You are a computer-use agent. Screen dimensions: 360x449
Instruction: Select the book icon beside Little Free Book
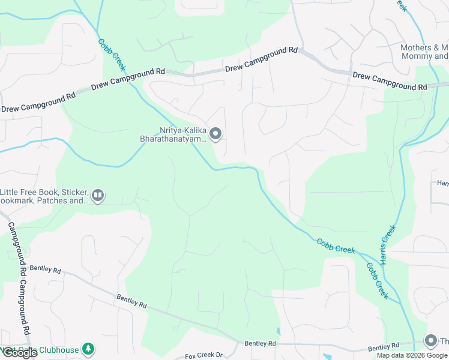[98, 195]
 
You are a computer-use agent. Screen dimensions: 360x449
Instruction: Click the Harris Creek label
[388, 245]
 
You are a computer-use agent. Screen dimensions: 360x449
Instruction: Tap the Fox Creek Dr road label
[204, 355]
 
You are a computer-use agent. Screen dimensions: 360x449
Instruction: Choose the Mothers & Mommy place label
[425, 52]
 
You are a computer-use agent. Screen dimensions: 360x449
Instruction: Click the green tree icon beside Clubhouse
[88, 348]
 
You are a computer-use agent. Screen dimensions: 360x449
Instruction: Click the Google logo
[19, 353]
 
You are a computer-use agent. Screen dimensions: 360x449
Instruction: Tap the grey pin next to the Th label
[430, 341]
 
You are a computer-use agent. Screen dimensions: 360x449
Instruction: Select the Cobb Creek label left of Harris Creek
[336, 246]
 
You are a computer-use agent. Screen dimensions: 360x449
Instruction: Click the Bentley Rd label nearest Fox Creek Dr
[259, 343]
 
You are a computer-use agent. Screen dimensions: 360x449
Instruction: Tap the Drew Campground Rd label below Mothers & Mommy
[390, 82]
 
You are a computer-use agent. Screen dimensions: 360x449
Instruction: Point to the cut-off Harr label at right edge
[443, 182]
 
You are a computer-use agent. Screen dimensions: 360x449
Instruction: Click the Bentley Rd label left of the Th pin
[382, 347]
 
